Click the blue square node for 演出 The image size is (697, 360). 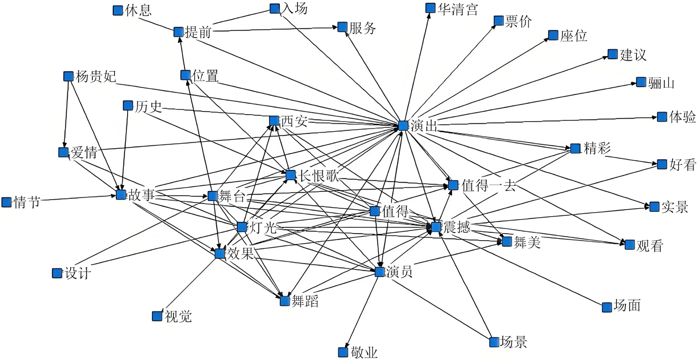[x=403, y=126]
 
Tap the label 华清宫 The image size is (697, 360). [x=458, y=9]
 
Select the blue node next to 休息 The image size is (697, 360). [x=118, y=10]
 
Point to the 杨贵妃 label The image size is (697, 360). [x=96, y=77]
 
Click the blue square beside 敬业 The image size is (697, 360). [x=343, y=352]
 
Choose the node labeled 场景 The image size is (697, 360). [x=494, y=342]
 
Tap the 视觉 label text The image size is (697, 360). [x=178, y=316]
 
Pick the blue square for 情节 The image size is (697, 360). [x=7, y=202]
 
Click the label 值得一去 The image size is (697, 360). [x=488, y=186]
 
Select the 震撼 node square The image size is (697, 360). [x=436, y=227]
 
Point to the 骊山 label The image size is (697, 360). [x=661, y=83]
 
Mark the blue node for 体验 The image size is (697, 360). [x=662, y=117]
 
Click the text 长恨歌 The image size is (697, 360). [x=319, y=176]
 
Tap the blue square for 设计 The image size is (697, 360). [x=57, y=273]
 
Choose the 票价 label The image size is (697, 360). [x=518, y=21]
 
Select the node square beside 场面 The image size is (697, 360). [x=607, y=307]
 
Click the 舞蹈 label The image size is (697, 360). [x=305, y=301]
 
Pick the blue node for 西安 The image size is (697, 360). [x=274, y=121]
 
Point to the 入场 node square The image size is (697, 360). [x=275, y=8]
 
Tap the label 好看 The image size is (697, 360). [x=683, y=165]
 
